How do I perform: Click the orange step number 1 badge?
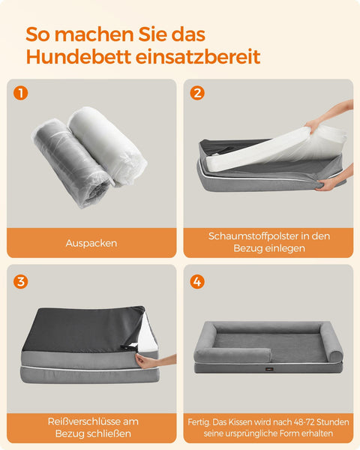20,93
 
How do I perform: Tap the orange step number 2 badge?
197,93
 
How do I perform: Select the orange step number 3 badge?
21,281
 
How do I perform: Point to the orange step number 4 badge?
197,281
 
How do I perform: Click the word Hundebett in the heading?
79,56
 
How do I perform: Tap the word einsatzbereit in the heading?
198,56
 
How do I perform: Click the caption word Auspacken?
91,243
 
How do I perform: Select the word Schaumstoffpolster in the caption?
253,236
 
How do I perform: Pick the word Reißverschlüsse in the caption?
85,421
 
